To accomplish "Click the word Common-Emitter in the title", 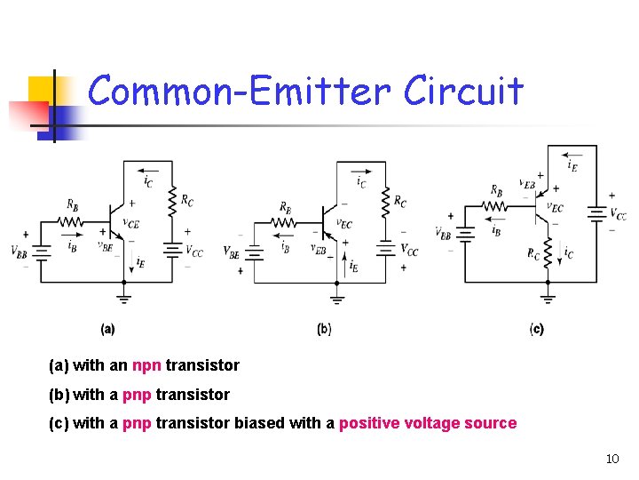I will [240, 91].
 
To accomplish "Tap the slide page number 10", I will [611, 459].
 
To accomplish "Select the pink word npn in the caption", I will [146, 365].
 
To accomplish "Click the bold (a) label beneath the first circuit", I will [107, 329].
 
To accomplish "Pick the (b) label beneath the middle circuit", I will [324, 329].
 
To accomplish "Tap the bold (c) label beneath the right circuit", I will [537, 329].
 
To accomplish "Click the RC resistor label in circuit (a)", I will [187, 200].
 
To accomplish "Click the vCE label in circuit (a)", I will [130, 224].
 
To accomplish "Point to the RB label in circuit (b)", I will [285, 207].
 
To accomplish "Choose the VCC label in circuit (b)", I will [409, 250].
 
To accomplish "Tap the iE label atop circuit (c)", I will [574, 163].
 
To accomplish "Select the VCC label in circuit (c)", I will [619, 215].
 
